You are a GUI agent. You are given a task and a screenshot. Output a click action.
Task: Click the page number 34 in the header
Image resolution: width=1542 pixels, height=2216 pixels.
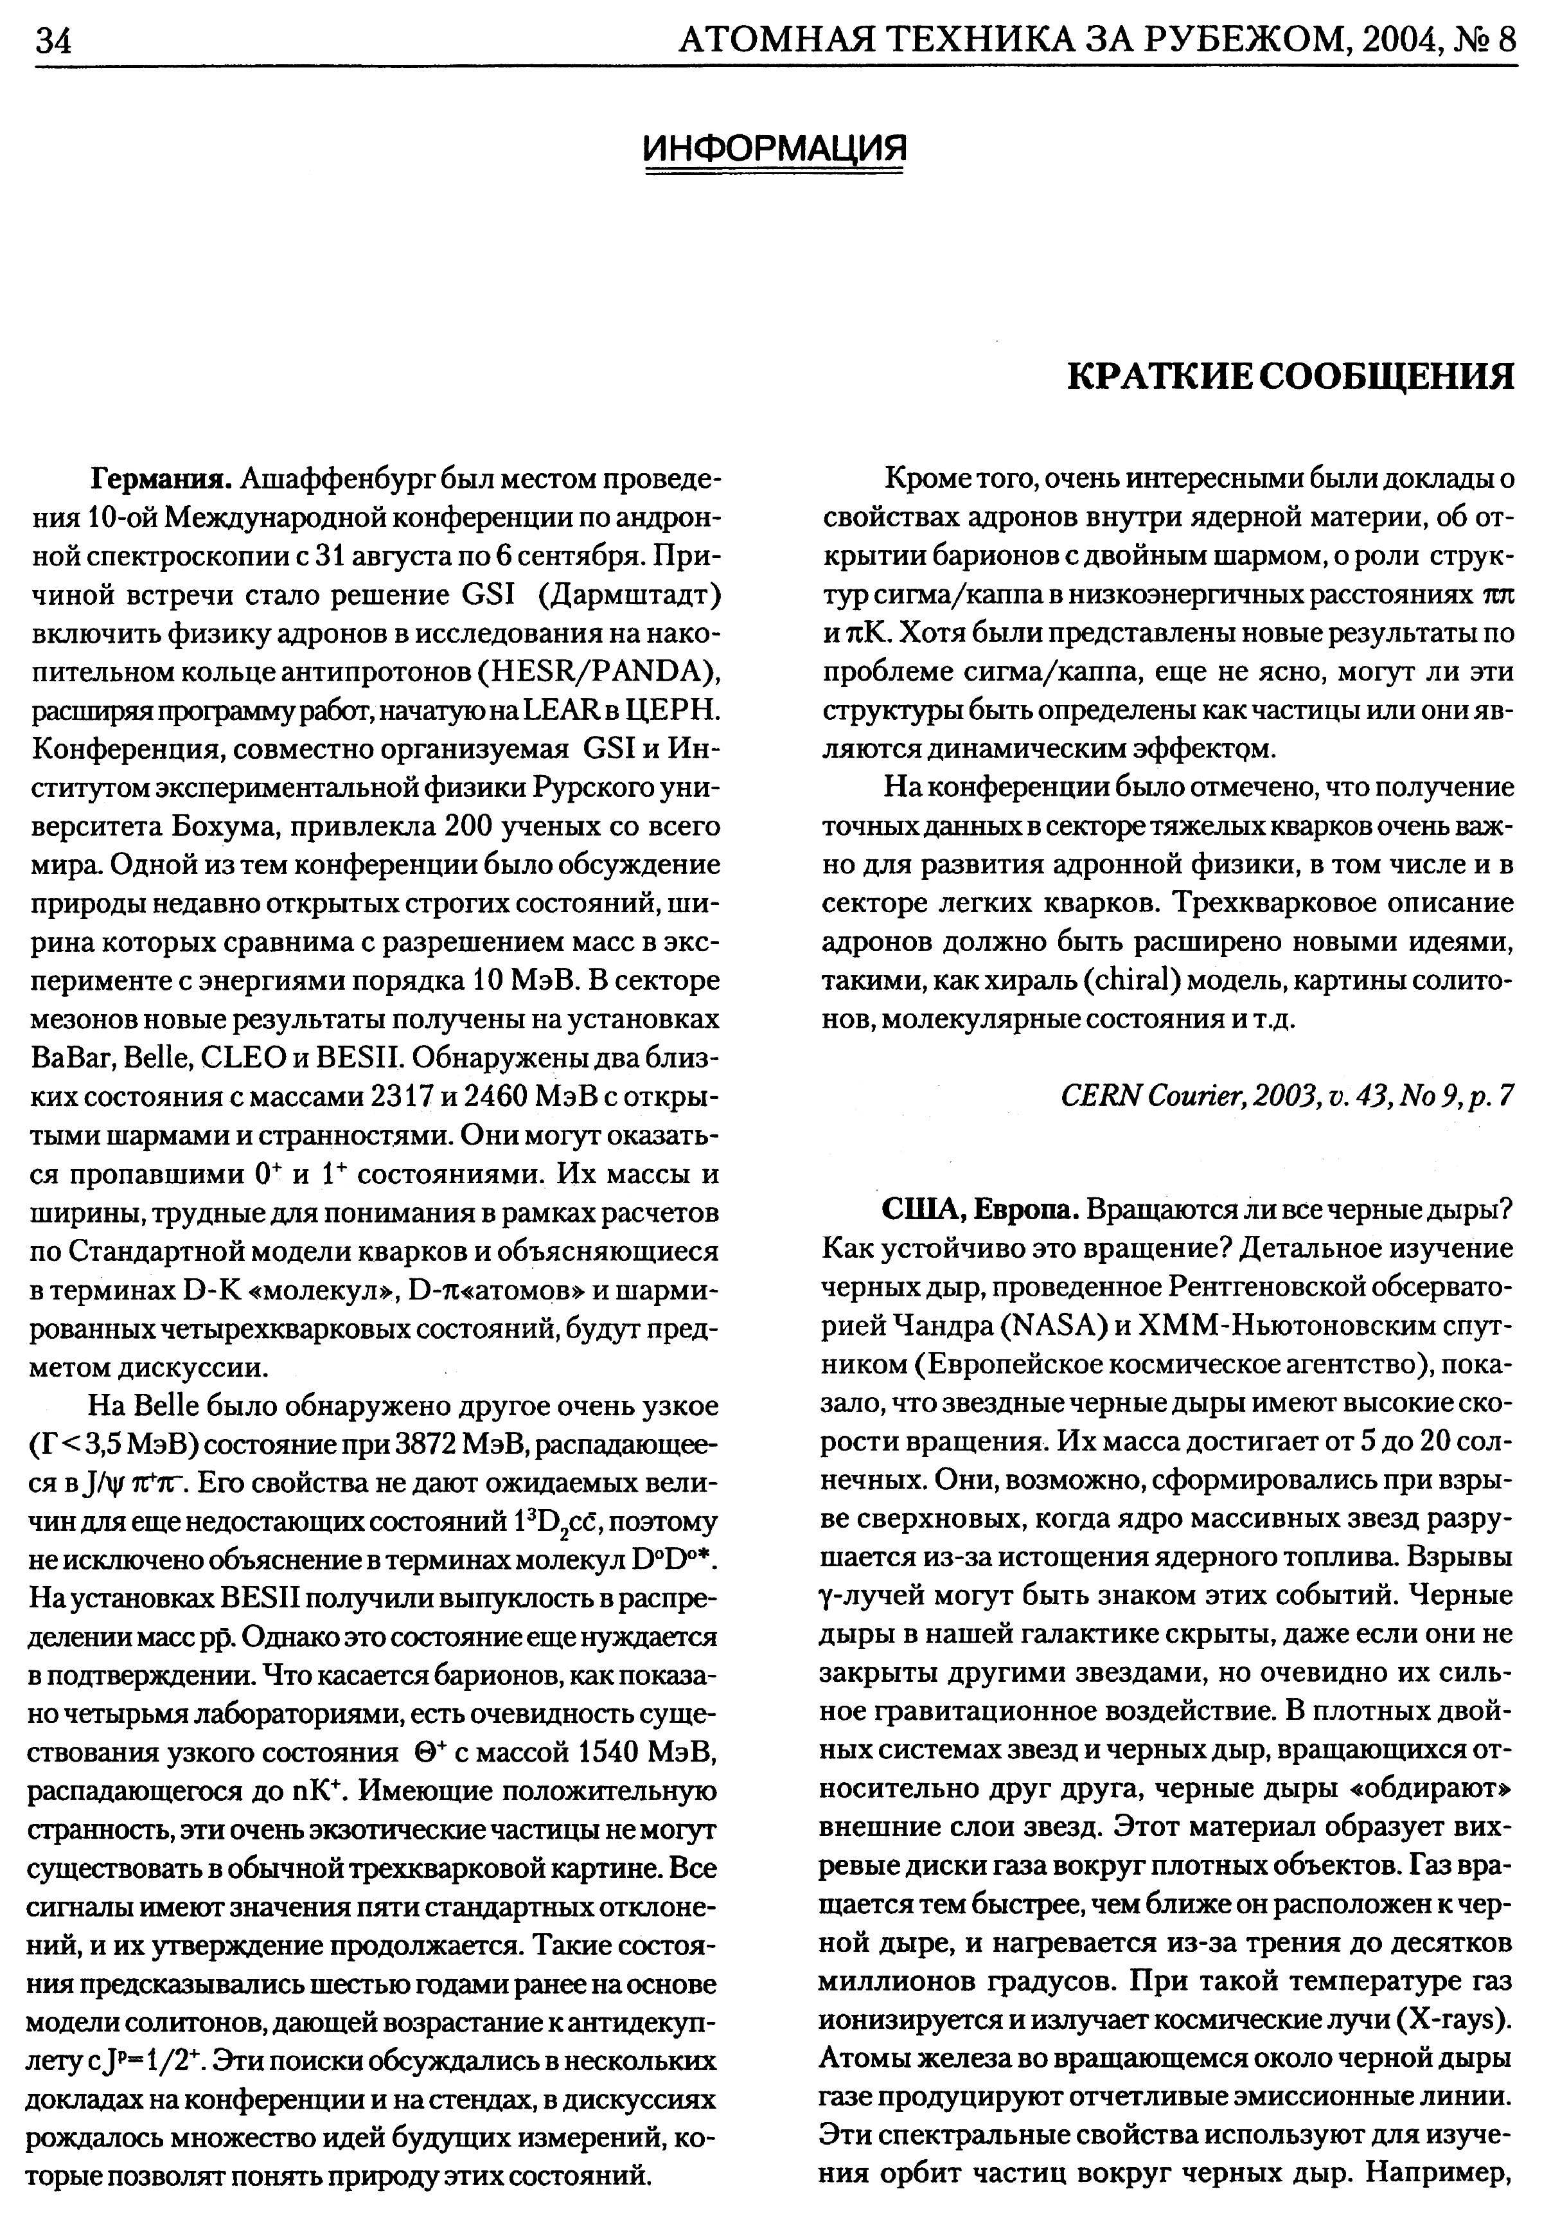(55, 40)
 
